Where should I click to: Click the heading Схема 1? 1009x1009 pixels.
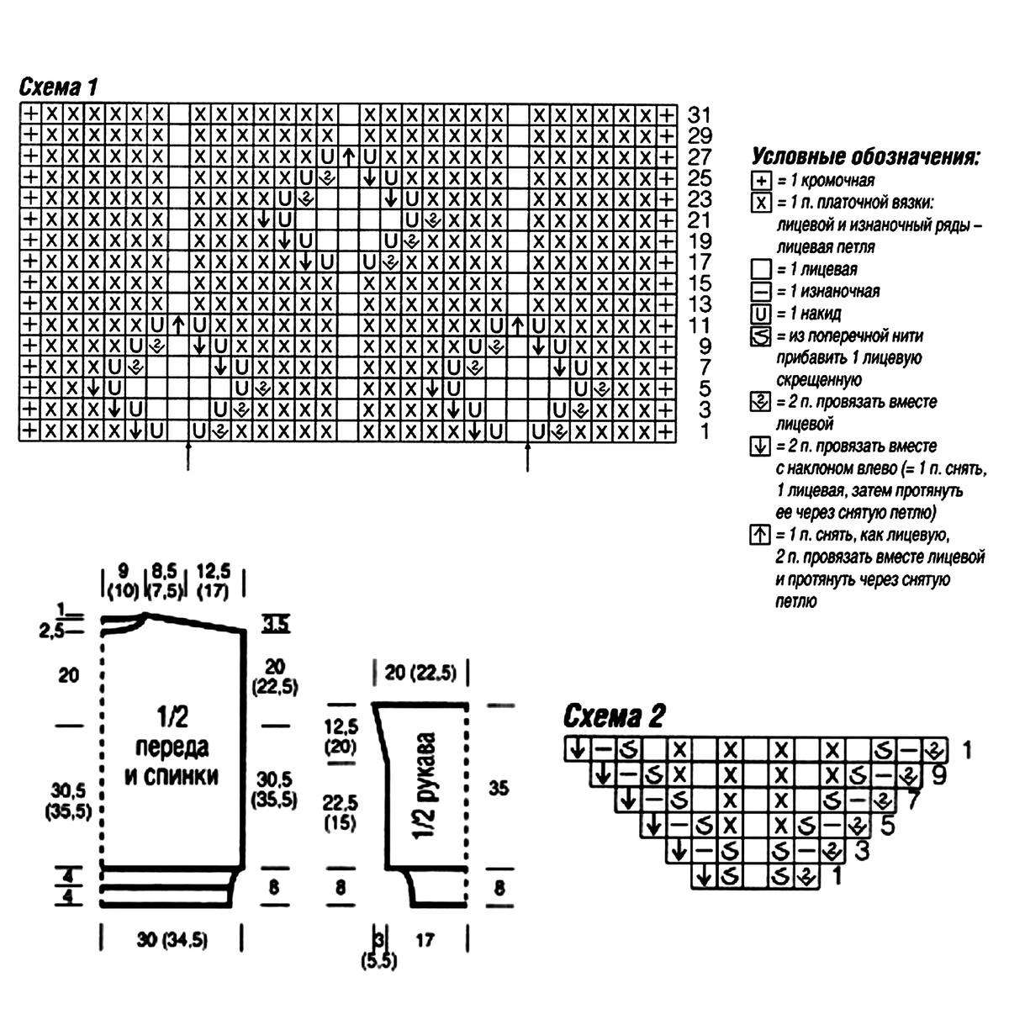(58, 87)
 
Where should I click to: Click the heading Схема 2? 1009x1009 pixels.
(614, 716)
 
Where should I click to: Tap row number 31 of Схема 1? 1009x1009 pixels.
(699, 114)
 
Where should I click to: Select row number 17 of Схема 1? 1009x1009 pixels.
(699, 261)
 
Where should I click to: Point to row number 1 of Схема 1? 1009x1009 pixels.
(705, 431)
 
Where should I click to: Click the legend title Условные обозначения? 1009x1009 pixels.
(865, 156)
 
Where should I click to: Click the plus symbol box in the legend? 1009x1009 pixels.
(761, 181)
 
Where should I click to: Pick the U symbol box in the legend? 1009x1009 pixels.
(761, 314)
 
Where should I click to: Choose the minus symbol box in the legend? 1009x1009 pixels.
(761, 292)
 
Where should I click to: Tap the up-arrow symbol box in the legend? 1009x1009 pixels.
(760, 535)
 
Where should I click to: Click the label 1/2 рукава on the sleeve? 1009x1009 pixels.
(425, 786)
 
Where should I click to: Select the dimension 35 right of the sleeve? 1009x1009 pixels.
(499, 788)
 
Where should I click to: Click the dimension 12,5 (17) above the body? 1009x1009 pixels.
(213, 581)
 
